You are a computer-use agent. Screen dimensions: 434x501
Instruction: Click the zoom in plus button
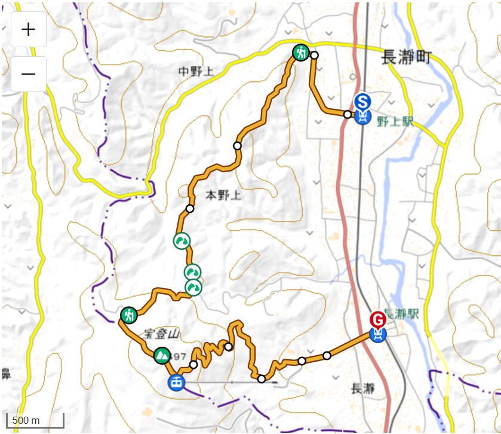(x=28, y=29)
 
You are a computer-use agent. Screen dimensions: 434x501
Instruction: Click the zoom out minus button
(x=28, y=74)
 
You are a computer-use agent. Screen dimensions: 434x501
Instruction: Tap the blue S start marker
(x=362, y=100)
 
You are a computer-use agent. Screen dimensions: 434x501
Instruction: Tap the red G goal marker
(x=377, y=319)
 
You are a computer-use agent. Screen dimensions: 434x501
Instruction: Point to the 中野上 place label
(x=195, y=72)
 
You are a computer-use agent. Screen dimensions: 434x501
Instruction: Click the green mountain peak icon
(x=161, y=356)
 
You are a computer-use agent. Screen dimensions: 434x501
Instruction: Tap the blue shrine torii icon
(x=176, y=381)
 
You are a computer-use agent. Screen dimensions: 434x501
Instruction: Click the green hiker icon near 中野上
(x=300, y=53)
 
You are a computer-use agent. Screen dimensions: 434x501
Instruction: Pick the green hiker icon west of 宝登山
(x=129, y=314)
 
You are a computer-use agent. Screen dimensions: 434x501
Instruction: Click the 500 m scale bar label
(x=26, y=420)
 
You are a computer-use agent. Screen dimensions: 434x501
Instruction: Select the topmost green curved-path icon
(x=182, y=241)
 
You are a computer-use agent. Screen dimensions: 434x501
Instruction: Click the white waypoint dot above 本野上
(x=237, y=145)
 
